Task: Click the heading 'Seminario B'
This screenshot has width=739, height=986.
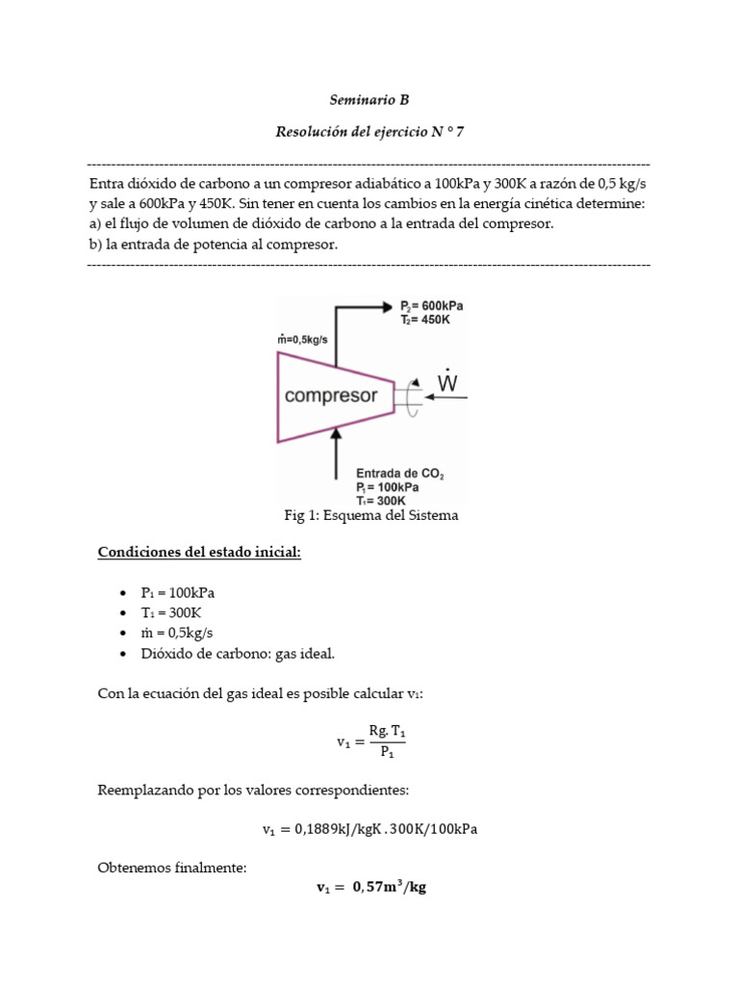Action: pyautogui.click(x=369, y=100)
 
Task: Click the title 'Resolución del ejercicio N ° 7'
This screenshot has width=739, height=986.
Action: pyautogui.click(x=369, y=132)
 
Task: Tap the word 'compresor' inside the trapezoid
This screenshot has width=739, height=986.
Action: pyautogui.click(x=331, y=396)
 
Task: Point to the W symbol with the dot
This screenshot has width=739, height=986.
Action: pyautogui.click(x=447, y=382)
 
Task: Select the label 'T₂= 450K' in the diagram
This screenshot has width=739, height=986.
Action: pyautogui.click(x=425, y=319)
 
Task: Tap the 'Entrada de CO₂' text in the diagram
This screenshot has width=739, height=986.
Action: pyautogui.click(x=399, y=474)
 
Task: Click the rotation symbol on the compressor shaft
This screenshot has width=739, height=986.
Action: pyautogui.click(x=413, y=395)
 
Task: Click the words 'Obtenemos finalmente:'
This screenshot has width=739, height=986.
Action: pyautogui.click(x=172, y=868)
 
